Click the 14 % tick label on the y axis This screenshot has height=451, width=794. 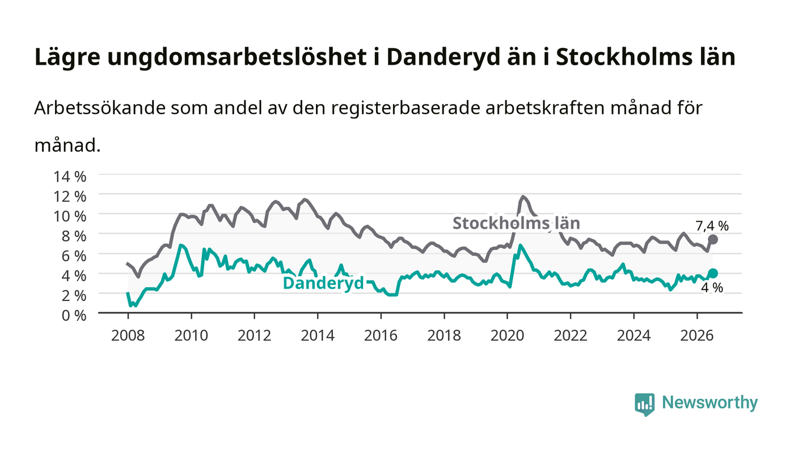click(x=69, y=177)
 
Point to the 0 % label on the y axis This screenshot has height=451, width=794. click(x=74, y=315)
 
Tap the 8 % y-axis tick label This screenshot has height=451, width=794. click(x=74, y=236)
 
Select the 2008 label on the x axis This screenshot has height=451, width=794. click(x=128, y=336)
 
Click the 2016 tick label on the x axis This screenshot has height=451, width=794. click(x=381, y=336)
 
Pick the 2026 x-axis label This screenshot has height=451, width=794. click(x=697, y=336)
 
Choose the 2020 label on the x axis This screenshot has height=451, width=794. click(x=507, y=336)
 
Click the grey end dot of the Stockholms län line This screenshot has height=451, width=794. click(x=713, y=240)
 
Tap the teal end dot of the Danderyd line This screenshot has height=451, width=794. click(x=713, y=273)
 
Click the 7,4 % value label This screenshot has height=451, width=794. click(x=712, y=226)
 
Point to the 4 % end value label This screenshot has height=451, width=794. click(x=712, y=287)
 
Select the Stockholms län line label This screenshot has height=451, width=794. click(x=516, y=223)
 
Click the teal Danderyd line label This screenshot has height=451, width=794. click(x=323, y=283)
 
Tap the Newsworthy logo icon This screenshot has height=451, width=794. click(x=644, y=404)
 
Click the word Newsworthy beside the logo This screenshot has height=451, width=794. click(x=709, y=403)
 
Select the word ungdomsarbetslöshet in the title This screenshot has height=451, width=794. click(x=237, y=57)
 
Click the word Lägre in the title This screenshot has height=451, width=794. click(x=67, y=57)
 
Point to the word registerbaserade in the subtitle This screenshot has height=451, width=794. click(x=405, y=108)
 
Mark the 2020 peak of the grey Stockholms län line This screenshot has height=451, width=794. click(x=523, y=197)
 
